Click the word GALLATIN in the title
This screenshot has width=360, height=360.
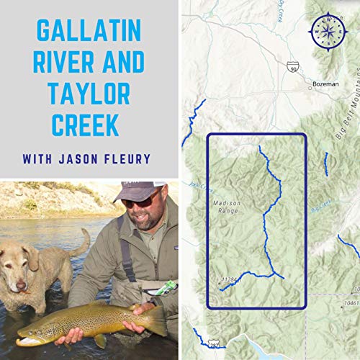pyautogui.click(x=89, y=32)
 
